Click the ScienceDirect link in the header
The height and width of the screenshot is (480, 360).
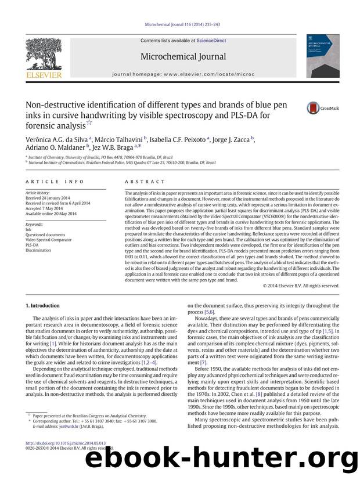(x=212, y=41)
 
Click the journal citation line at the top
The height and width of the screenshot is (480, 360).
(x=180, y=24)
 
